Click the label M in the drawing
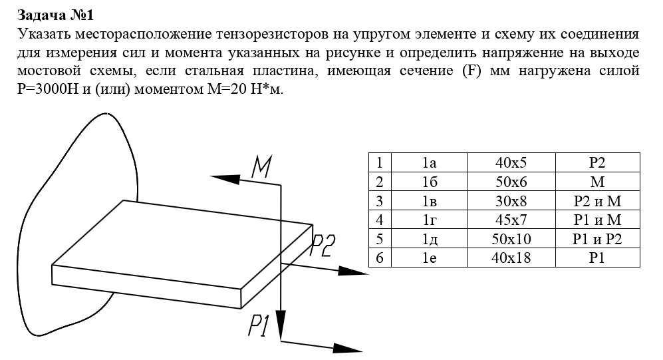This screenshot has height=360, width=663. point(261,167)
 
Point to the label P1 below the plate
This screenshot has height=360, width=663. point(259,325)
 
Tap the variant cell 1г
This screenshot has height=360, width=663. point(429,220)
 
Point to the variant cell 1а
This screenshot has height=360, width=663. point(429,162)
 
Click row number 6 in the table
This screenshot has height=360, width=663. point(380,258)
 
